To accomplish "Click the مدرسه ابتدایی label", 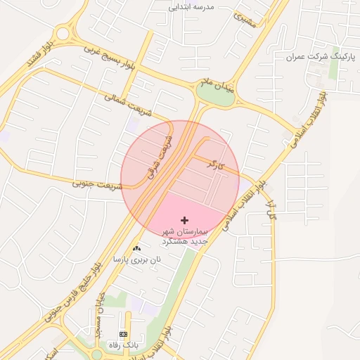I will [x=191, y=7].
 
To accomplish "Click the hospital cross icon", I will [x=185, y=220].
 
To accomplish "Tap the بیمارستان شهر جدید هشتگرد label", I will [x=185, y=236].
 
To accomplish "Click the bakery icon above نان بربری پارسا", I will [x=136, y=248].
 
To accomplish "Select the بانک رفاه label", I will [x=124, y=345].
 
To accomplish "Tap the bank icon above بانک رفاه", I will [x=124, y=333].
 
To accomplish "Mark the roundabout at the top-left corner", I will [x=65, y=32].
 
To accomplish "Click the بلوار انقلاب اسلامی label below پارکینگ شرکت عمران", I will [x=307, y=120].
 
